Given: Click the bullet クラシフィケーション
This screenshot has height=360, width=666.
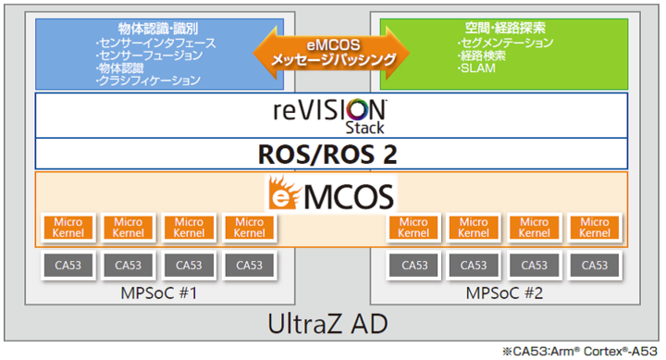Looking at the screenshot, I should coord(148,81).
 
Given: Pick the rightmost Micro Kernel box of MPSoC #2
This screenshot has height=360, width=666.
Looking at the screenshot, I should coord(595,228).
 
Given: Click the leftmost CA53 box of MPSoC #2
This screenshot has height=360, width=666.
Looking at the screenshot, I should coord(414,266).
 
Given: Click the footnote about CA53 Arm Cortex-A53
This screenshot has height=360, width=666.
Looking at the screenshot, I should coord(581,352).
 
